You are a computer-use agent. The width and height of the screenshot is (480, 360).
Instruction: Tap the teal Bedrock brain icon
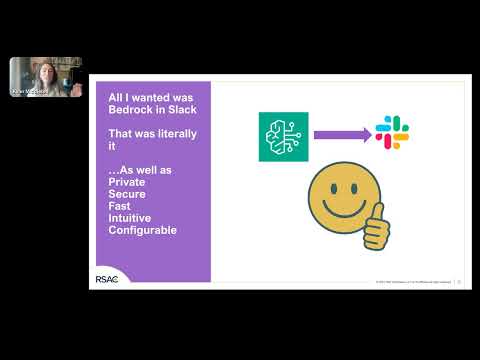[282, 133]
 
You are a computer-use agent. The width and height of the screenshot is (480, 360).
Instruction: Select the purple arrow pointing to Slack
[340, 133]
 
